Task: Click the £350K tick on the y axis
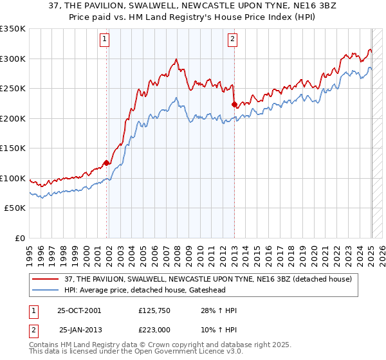[x=13, y=29]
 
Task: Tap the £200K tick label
[x=13, y=118]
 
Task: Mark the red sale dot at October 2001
[x=107, y=163]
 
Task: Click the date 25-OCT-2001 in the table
[x=78, y=310]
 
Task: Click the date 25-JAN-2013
[x=80, y=329]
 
